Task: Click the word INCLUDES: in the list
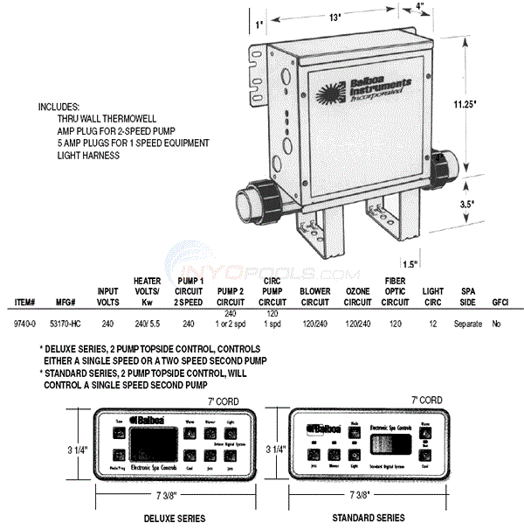[x=59, y=106]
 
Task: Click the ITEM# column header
[x=25, y=303]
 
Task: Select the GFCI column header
[x=500, y=303]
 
